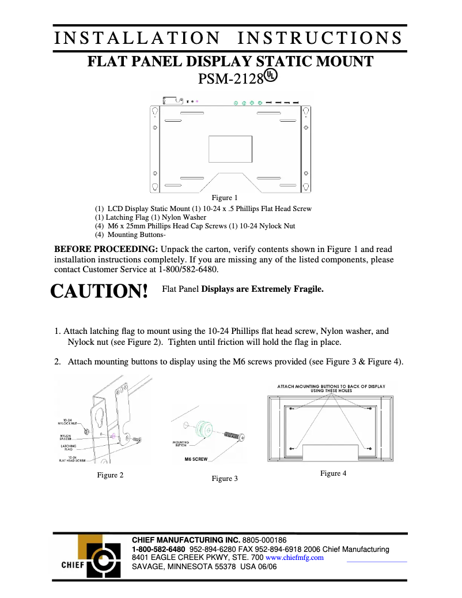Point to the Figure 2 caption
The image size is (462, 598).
pyautogui.click(x=110, y=475)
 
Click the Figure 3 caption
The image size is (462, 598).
pyautogui.click(x=225, y=479)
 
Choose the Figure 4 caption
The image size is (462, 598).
pyautogui.click(x=333, y=473)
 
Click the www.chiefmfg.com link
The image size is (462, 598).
pyautogui.click(x=294, y=558)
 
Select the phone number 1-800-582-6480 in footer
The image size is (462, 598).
pyautogui.click(x=158, y=549)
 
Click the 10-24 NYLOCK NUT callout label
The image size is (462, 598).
pyautogui.click(x=69, y=422)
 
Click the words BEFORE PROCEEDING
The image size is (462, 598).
pyautogui.click(x=106, y=249)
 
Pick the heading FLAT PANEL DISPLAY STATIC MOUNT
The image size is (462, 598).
pyautogui.click(x=230, y=62)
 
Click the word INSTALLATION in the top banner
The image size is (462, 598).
pyautogui.click(x=137, y=38)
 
